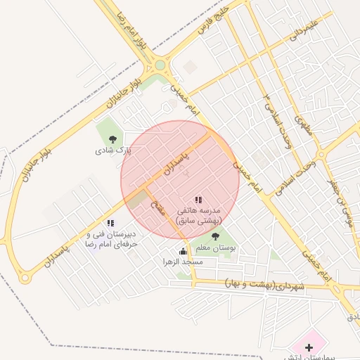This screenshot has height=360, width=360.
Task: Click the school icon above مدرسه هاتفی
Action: click(198, 200)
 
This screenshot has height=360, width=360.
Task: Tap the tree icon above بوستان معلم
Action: click(214, 236)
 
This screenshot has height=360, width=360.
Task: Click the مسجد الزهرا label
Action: click(183, 262)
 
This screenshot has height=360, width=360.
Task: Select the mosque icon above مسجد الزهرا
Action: click(184, 250)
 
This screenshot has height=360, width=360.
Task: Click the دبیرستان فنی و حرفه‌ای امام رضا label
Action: click(111, 238)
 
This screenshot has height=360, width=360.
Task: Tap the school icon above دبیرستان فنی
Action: click(111, 223)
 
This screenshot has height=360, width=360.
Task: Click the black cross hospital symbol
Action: click(309, 347)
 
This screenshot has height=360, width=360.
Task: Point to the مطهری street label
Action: click(304, 125)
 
